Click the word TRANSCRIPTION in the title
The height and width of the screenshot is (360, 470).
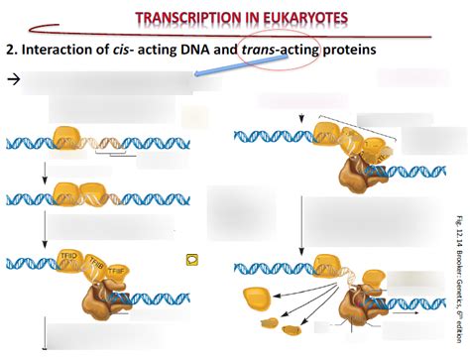pyautogui.click(x=186, y=18)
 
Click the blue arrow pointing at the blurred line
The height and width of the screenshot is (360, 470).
pyautogui.click(x=224, y=69)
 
